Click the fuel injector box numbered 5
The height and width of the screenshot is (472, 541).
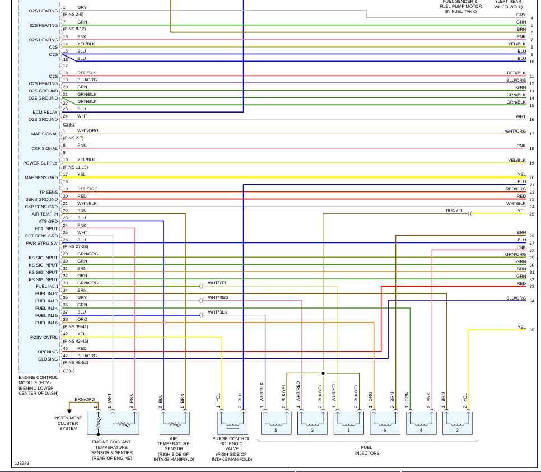pyautogui.click(x=276, y=423)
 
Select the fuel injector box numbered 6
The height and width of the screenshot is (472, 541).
pyautogui.click(x=385, y=423)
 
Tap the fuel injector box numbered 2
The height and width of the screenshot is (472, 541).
pyautogui.click(x=458, y=423)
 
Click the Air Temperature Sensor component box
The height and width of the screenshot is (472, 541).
pyautogui.click(x=174, y=423)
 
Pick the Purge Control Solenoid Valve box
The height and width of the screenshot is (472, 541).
pyautogui.click(x=232, y=423)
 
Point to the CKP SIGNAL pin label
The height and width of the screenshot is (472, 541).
pyautogui.click(x=44, y=148)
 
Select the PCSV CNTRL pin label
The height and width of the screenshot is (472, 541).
pyautogui.click(x=44, y=337)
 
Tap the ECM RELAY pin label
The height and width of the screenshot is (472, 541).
pyautogui.click(x=45, y=112)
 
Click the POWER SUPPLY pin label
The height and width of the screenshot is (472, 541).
pyautogui.click(x=40, y=163)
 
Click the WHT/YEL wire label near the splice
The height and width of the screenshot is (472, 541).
pyautogui.click(x=217, y=283)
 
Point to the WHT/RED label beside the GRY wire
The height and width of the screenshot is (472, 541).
pyautogui.click(x=218, y=297)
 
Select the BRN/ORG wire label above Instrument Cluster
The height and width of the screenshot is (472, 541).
pyautogui.click(x=85, y=399)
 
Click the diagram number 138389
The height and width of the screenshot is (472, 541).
pyautogui.click(x=22, y=464)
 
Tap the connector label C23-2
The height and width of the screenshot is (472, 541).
pyautogui.click(x=69, y=124)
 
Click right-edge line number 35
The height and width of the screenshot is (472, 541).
pyautogui.click(x=531, y=330)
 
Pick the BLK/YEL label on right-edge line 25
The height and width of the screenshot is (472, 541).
pyautogui.click(x=454, y=211)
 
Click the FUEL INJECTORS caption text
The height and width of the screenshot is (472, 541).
pyautogui.click(x=367, y=450)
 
